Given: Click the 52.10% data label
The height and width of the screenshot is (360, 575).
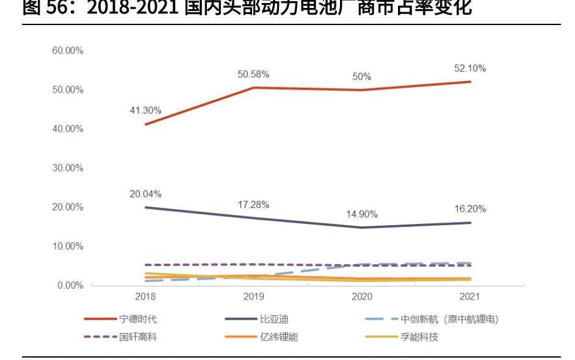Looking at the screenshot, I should (x=470, y=69).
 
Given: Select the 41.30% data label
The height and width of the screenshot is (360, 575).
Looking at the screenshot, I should (x=145, y=110).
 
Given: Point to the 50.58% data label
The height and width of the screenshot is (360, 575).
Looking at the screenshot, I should (x=253, y=74).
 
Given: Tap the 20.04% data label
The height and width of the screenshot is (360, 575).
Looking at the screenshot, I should (x=145, y=194).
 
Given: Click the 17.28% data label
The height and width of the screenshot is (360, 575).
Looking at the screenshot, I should (x=253, y=204).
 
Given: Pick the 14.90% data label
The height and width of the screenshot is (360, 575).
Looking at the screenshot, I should (x=362, y=214).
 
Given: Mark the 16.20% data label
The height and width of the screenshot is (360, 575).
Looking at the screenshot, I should (x=470, y=209).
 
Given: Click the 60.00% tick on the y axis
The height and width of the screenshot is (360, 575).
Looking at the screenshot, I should (x=67, y=51).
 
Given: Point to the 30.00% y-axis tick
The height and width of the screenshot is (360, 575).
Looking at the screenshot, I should (x=67, y=168).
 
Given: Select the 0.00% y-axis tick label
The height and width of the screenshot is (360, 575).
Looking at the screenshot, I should (x=70, y=286).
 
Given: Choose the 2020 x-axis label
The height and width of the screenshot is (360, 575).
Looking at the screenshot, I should (x=362, y=297).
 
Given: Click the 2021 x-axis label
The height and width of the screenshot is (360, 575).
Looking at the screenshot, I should (x=470, y=297).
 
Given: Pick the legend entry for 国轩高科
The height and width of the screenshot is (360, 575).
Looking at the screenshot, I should (x=138, y=337).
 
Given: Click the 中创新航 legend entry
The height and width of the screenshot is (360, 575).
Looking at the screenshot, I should (x=449, y=319).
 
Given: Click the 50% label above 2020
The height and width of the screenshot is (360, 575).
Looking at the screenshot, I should (x=362, y=77).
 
